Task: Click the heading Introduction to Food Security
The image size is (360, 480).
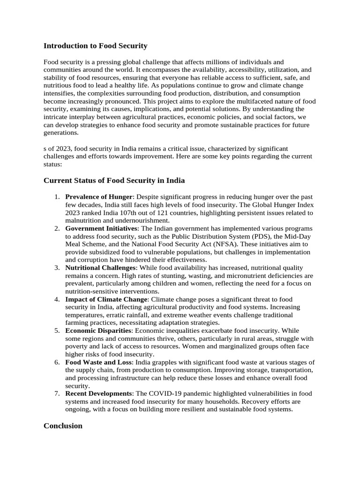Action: click(95, 46)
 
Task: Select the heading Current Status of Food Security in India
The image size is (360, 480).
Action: click(114, 180)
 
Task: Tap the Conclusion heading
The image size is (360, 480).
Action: click(63, 426)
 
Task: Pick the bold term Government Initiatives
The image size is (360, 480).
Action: click(101, 228)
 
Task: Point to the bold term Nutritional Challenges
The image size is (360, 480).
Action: click(100, 268)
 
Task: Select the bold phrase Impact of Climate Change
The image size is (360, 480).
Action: click(106, 299)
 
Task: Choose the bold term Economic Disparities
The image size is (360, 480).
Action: click(98, 330)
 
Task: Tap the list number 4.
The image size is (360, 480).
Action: click(56, 299)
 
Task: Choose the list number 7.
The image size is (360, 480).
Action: click(56, 393)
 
